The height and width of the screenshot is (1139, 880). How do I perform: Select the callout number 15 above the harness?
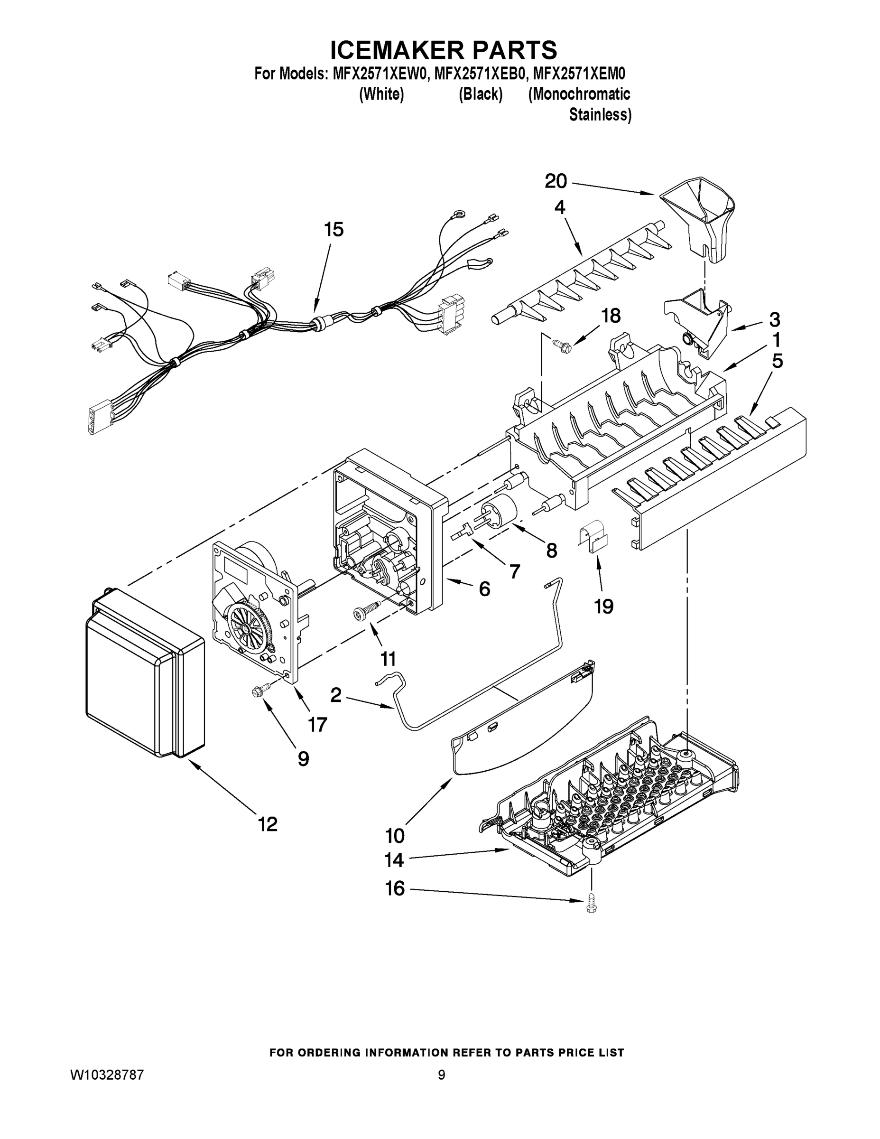tap(333, 230)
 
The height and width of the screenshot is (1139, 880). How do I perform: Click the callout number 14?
tap(394, 860)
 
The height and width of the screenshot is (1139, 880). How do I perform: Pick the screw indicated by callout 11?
tap(365, 611)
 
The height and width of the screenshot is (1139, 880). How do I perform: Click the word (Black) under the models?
tap(480, 94)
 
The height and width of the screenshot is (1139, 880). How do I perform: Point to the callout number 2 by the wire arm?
tap(336, 695)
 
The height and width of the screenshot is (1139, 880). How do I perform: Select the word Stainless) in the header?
tap(600, 115)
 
